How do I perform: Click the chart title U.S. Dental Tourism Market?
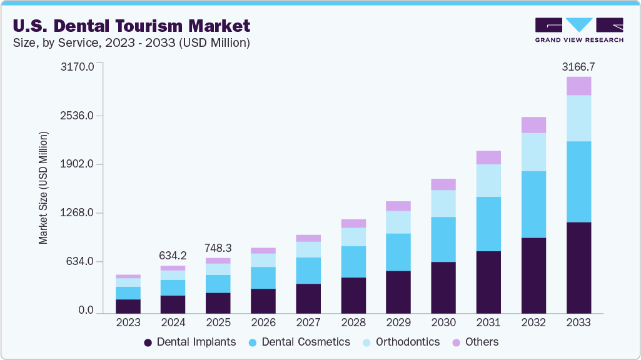[x=131, y=26]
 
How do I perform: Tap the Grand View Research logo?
[x=578, y=29]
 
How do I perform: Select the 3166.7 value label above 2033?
[x=578, y=66]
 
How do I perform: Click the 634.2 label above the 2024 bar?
[x=173, y=255]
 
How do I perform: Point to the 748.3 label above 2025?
[x=218, y=247]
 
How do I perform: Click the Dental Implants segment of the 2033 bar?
[x=578, y=267]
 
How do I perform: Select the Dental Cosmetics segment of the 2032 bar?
[x=533, y=204]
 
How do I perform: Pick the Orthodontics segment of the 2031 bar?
[x=488, y=181]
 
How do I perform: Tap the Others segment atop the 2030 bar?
[x=443, y=184]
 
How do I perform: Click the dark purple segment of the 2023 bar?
[x=128, y=306]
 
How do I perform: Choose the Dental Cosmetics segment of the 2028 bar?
[x=353, y=262]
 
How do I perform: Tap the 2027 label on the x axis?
[x=308, y=322]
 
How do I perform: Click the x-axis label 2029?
[x=398, y=322]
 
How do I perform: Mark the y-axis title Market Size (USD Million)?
[x=43, y=187]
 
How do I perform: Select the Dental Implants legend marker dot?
[x=148, y=342]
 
